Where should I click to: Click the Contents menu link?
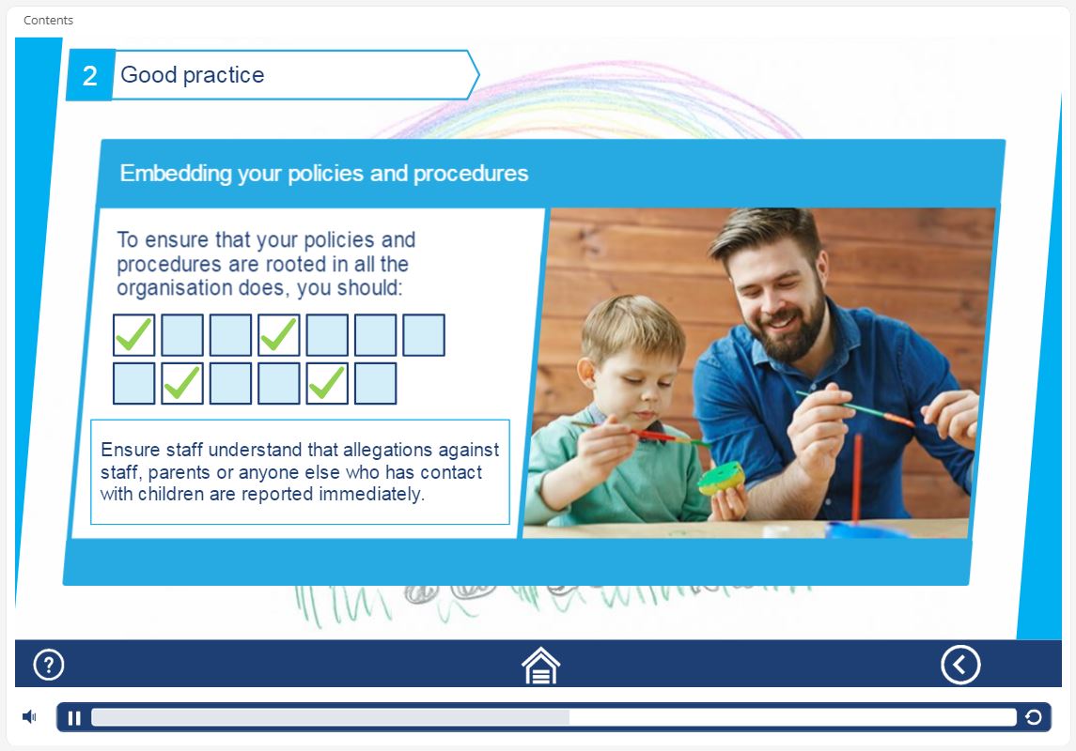tap(48, 20)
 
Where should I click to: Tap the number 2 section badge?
tap(90, 75)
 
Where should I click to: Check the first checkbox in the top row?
tap(133, 335)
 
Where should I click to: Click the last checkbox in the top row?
tap(424, 335)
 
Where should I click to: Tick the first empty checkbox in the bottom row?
tap(133, 383)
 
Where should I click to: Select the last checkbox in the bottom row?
tap(375, 383)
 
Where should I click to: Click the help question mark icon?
tap(49, 665)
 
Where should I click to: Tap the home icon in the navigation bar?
tap(540, 666)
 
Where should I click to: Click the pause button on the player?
tap(74, 717)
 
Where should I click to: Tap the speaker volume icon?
tap(29, 717)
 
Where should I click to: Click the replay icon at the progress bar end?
tap(1034, 717)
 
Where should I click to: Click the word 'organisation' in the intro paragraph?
tap(174, 288)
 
